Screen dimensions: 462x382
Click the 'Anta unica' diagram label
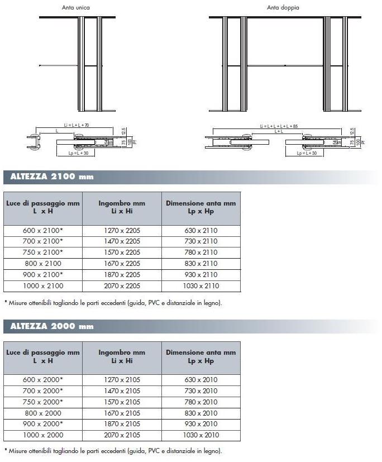(76, 8)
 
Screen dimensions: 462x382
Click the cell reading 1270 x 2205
(122, 230)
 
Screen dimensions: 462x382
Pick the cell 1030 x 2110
(200, 285)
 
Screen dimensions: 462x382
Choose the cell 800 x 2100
(42, 263)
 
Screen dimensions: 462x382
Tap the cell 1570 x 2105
(122, 402)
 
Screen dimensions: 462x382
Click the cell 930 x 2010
(200, 424)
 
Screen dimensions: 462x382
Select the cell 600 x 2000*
(42, 379)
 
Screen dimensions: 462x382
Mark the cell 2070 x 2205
(122, 285)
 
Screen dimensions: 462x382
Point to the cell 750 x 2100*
(42, 252)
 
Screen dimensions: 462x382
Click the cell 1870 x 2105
(122, 424)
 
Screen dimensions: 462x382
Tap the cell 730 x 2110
(200, 241)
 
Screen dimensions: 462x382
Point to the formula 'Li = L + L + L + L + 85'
(279, 126)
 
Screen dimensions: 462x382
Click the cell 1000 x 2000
(42, 435)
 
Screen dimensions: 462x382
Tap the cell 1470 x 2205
(122, 241)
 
